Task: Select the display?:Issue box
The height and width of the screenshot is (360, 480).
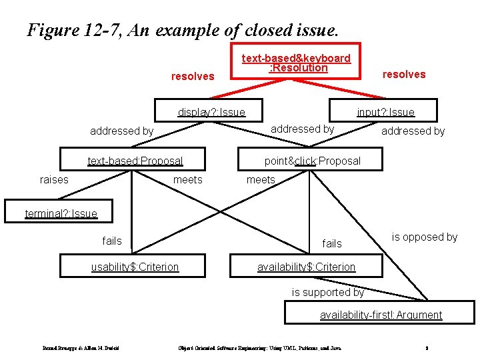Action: (211, 112)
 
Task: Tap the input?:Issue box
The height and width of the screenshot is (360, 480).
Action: (385, 112)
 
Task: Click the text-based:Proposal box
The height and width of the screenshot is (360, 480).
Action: (135, 161)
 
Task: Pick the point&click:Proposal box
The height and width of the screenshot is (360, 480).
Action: (312, 161)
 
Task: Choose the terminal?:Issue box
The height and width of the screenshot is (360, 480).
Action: (61, 213)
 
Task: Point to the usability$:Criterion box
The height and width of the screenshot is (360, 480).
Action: (135, 267)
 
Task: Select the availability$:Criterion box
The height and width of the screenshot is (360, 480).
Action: (306, 267)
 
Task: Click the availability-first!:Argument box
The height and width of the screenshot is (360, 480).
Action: (381, 315)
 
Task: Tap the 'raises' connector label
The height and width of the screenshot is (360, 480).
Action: (54, 179)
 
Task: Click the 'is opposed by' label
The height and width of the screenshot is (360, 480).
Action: (424, 237)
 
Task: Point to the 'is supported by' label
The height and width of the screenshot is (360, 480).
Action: (328, 292)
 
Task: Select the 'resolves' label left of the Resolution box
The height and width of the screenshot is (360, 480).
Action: (193, 76)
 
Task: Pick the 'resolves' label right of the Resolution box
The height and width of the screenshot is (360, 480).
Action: (403, 74)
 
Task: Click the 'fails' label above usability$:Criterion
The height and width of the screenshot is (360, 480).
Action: (112, 240)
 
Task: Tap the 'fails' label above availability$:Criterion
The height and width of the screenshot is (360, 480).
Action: (331, 243)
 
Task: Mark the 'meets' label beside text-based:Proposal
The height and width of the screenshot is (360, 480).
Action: (187, 179)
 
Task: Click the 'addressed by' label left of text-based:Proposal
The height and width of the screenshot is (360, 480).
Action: (121, 131)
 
